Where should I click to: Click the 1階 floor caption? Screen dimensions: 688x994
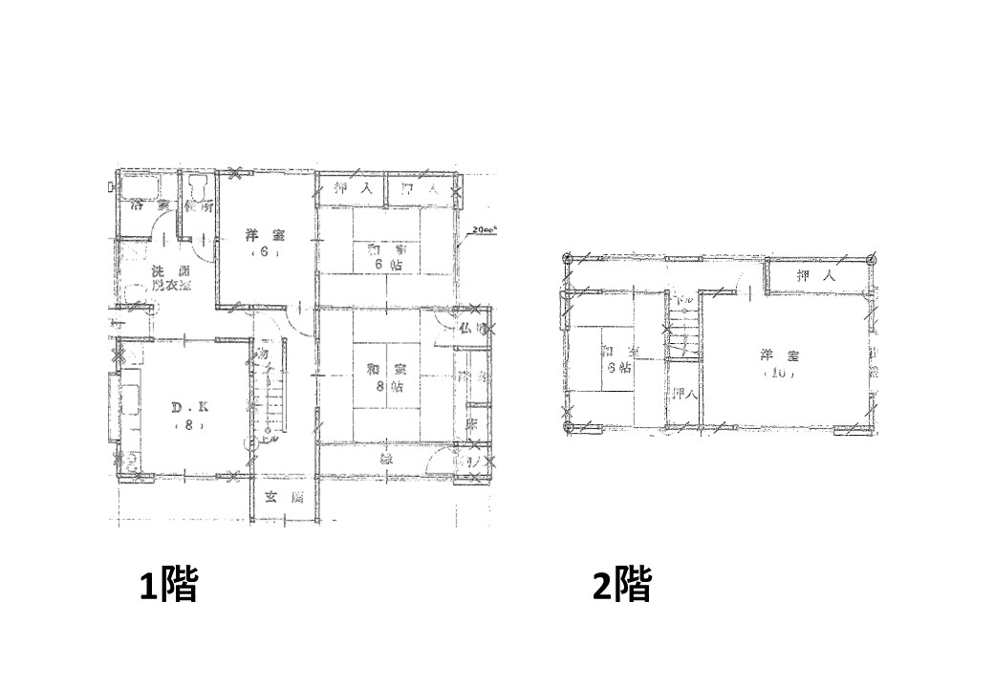168,585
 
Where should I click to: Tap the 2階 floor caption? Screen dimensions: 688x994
621,585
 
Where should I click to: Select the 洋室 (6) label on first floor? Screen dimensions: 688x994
259,244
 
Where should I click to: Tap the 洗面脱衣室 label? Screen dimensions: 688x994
168,278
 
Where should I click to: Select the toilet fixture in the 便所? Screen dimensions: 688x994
199,189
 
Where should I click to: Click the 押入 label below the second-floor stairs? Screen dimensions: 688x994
682,394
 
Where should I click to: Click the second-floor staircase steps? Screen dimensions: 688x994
682,334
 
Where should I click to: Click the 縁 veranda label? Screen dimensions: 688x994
387,459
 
